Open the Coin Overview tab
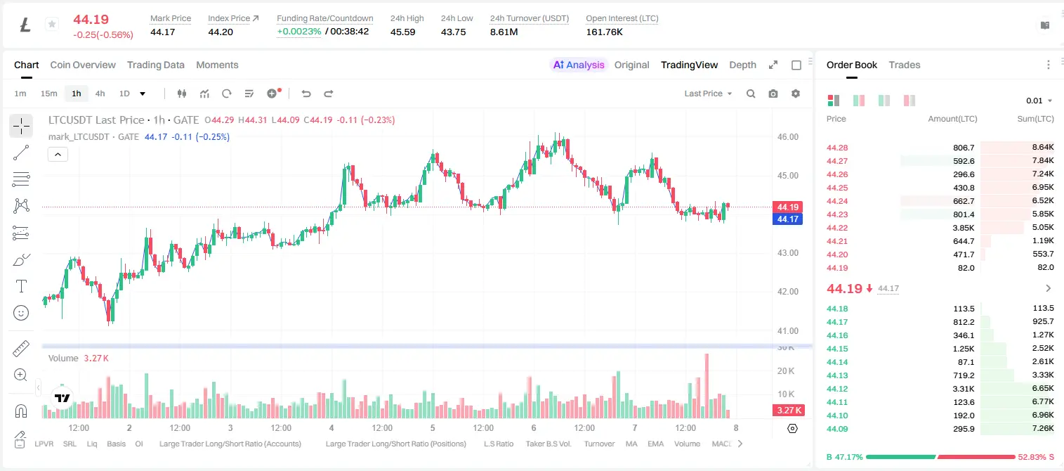[83, 65]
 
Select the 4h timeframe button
[100, 93]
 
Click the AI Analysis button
[579, 65]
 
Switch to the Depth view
[742, 65]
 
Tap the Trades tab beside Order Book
[905, 65]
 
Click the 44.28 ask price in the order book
[837, 148]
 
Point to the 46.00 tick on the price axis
[788, 137]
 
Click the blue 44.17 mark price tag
[787, 219]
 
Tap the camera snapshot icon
[773, 93]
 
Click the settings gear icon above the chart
[796, 93]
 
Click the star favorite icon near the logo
[52, 24]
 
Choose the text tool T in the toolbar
[21, 286]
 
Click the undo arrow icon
[306, 93]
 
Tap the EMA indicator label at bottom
[655, 444]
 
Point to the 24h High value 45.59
[403, 32]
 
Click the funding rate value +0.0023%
[299, 32]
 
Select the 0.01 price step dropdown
[1039, 101]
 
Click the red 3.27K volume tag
[789, 410]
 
